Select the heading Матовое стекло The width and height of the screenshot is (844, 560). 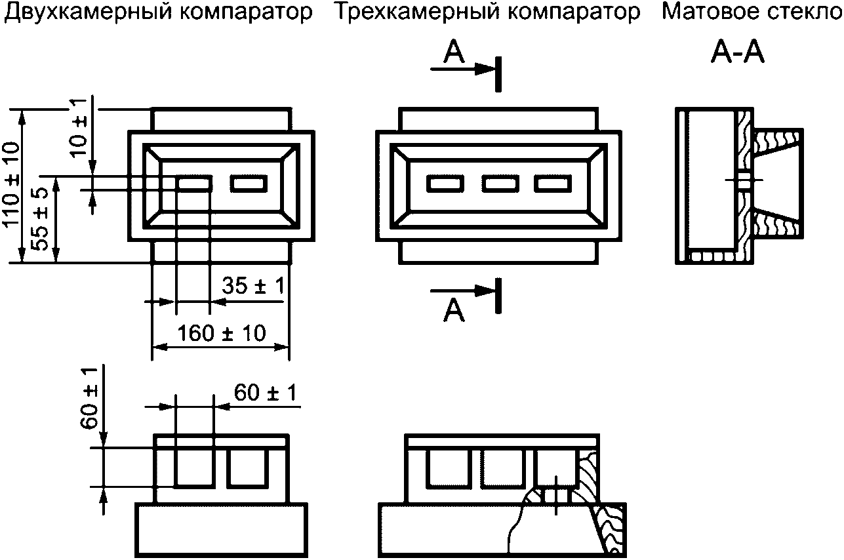coord(752,12)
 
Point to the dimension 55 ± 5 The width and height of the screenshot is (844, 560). coord(41,219)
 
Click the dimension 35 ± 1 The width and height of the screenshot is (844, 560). coord(252,287)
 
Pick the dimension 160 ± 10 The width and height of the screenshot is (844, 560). coord(222,333)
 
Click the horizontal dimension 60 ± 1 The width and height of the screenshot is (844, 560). coord(266,393)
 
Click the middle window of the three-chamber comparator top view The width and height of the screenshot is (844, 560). coord(500,184)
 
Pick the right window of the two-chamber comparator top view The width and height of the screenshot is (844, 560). coord(249,184)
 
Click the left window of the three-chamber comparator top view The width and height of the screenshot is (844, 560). coord(446,184)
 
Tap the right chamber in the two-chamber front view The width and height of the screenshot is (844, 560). coord(247,468)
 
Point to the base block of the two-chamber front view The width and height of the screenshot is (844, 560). coord(221,530)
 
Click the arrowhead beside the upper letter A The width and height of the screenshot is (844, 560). coord(486,68)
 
